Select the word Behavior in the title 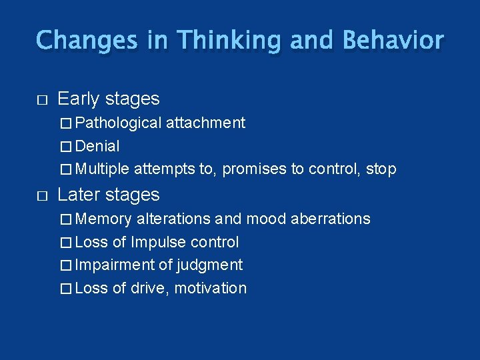pos(392,41)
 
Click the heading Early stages pos(109,99)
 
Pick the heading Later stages pos(109,195)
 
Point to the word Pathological pos(119,123)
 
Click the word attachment pos(205,123)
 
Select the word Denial pos(97,146)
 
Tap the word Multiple pos(103,169)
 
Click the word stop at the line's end pos(381,169)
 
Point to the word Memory pos(104,219)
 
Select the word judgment pos(209,265)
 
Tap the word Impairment pos(115,265)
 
